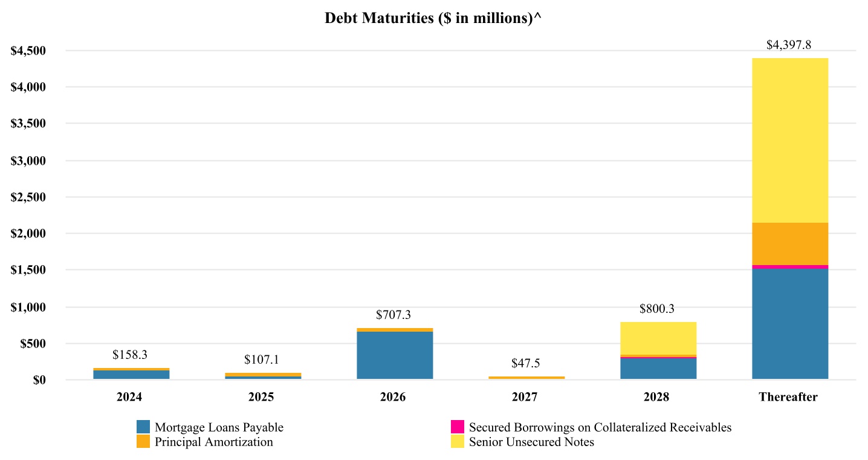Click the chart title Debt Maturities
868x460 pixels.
[433, 18]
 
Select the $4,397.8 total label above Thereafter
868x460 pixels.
[789, 45]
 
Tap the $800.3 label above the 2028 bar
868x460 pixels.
[658, 309]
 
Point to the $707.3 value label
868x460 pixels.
[394, 315]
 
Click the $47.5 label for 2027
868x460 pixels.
[526, 363]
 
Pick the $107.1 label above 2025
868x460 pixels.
[262, 360]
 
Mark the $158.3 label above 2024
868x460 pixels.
[131, 354]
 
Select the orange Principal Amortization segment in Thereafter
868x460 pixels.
[789, 244]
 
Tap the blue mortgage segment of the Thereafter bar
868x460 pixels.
[789, 324]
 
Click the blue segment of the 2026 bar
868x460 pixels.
[394, 355]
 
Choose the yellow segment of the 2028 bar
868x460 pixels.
[658, 338]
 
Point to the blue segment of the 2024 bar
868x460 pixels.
[131, 375]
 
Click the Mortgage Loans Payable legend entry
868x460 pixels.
[219, 427]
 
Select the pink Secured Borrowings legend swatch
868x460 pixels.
[458, 427]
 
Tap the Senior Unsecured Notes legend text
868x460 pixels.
[531, 442]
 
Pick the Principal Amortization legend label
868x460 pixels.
[213, 442]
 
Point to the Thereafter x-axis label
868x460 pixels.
[788, 398]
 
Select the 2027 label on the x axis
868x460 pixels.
[525, 398]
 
